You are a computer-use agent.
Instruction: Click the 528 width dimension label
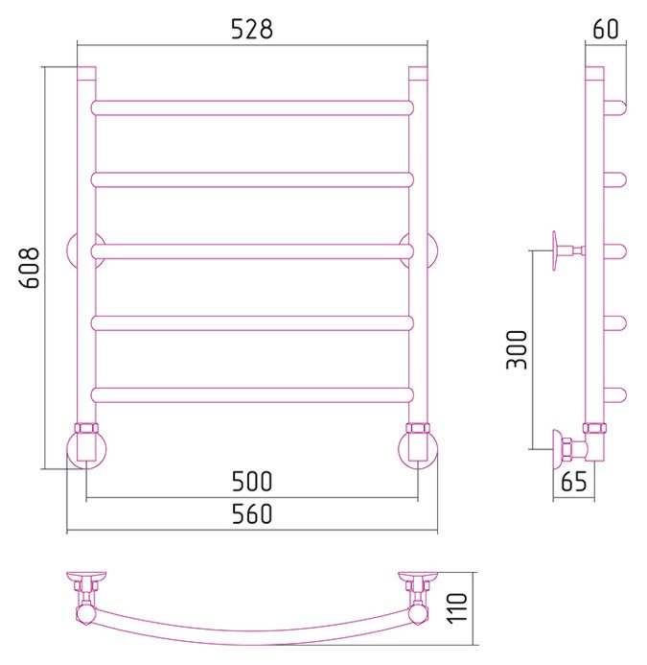click(252, 30)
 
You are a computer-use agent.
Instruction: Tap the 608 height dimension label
click(30, 268)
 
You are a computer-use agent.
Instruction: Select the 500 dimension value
click(252, 482)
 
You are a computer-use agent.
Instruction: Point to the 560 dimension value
click(252, 514)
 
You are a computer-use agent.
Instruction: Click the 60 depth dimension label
click(606, 29)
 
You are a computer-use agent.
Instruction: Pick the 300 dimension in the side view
click(517, 350)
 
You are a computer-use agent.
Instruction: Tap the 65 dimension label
click(574, 482)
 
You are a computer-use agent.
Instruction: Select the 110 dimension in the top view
click(457, 607)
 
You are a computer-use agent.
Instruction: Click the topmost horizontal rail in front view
click(252, 108)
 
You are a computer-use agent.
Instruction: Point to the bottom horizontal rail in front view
click(252, 394)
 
